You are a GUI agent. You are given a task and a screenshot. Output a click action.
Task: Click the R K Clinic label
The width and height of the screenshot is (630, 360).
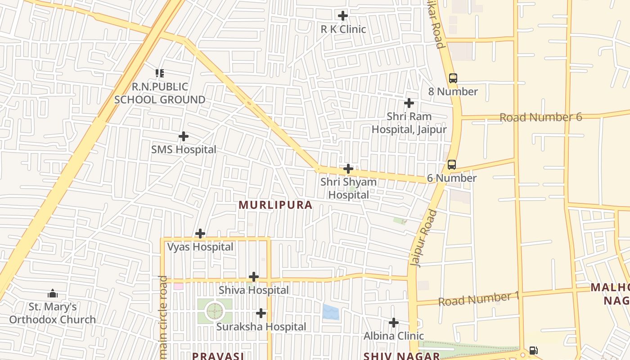343,29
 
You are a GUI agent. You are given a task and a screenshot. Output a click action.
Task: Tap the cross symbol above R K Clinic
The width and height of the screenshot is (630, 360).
343,16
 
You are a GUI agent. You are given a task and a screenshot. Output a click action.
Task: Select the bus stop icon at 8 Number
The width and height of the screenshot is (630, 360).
453,78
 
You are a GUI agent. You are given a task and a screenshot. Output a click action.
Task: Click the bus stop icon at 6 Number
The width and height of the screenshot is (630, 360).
452,164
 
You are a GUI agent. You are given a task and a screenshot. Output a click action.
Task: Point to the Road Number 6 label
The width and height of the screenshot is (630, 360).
540,117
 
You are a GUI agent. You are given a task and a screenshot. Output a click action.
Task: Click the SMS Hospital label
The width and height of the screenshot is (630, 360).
184,149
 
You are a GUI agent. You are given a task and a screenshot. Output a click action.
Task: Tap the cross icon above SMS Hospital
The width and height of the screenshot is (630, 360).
184,136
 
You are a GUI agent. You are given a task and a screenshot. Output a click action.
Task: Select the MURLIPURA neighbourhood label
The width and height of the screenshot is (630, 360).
275,205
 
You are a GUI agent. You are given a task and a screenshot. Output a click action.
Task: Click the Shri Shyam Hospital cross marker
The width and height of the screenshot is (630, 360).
348,169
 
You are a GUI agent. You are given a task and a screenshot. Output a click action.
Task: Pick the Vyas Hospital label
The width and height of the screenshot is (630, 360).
200,247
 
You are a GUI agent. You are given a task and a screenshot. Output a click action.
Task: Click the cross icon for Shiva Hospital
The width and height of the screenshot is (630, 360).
254,276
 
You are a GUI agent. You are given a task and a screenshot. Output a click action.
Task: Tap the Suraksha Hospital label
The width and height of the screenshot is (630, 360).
261,327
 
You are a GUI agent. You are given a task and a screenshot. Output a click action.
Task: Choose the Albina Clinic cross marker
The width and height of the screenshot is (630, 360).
394,322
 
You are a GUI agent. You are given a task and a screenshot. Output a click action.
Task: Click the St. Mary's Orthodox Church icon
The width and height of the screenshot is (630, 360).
53,294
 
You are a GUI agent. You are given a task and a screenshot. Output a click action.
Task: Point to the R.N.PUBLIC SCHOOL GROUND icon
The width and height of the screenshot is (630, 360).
160,73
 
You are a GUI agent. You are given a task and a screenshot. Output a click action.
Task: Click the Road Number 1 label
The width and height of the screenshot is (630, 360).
479,299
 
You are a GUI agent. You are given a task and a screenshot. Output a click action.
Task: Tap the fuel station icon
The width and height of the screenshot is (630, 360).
533,350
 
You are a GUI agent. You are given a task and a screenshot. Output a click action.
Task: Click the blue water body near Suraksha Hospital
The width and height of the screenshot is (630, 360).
331,312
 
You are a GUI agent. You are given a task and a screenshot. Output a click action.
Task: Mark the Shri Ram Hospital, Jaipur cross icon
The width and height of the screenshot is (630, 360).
409,103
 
